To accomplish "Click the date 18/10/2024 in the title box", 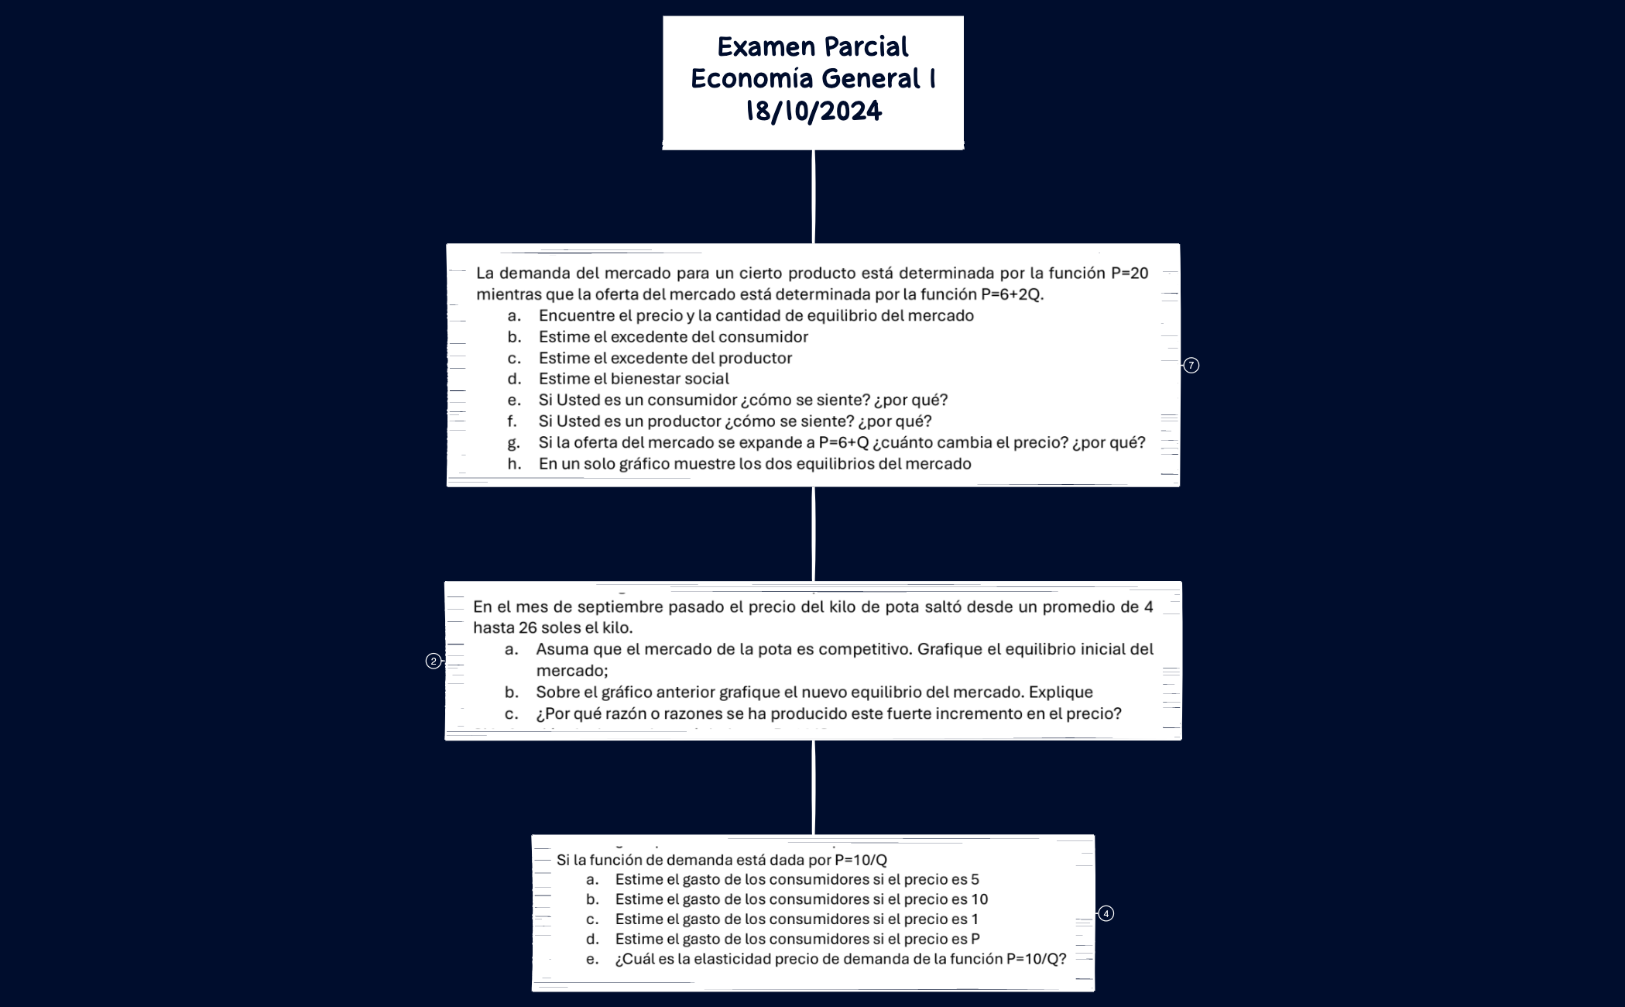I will pos(813,112).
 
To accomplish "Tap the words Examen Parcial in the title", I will pos(813,47).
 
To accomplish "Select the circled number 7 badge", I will pos(1191,366).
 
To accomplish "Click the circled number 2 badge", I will pos(434,661).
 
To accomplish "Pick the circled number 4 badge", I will pos(1106,914).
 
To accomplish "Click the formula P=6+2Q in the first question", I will pos(1011,294).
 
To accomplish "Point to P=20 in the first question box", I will pos(1130,273).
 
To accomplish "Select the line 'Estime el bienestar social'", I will pos(633,379).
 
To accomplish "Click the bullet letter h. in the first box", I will pos(514,464).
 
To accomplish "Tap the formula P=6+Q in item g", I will pos(844,442).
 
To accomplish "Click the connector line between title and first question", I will pos(813,197).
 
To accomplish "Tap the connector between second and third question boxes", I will pos(813,787).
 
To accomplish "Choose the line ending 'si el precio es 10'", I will pos(801,899).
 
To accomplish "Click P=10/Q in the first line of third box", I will pos(860,860).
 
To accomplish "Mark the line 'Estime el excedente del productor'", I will pos(665,358).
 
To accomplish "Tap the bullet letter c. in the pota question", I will pos(511,713).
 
